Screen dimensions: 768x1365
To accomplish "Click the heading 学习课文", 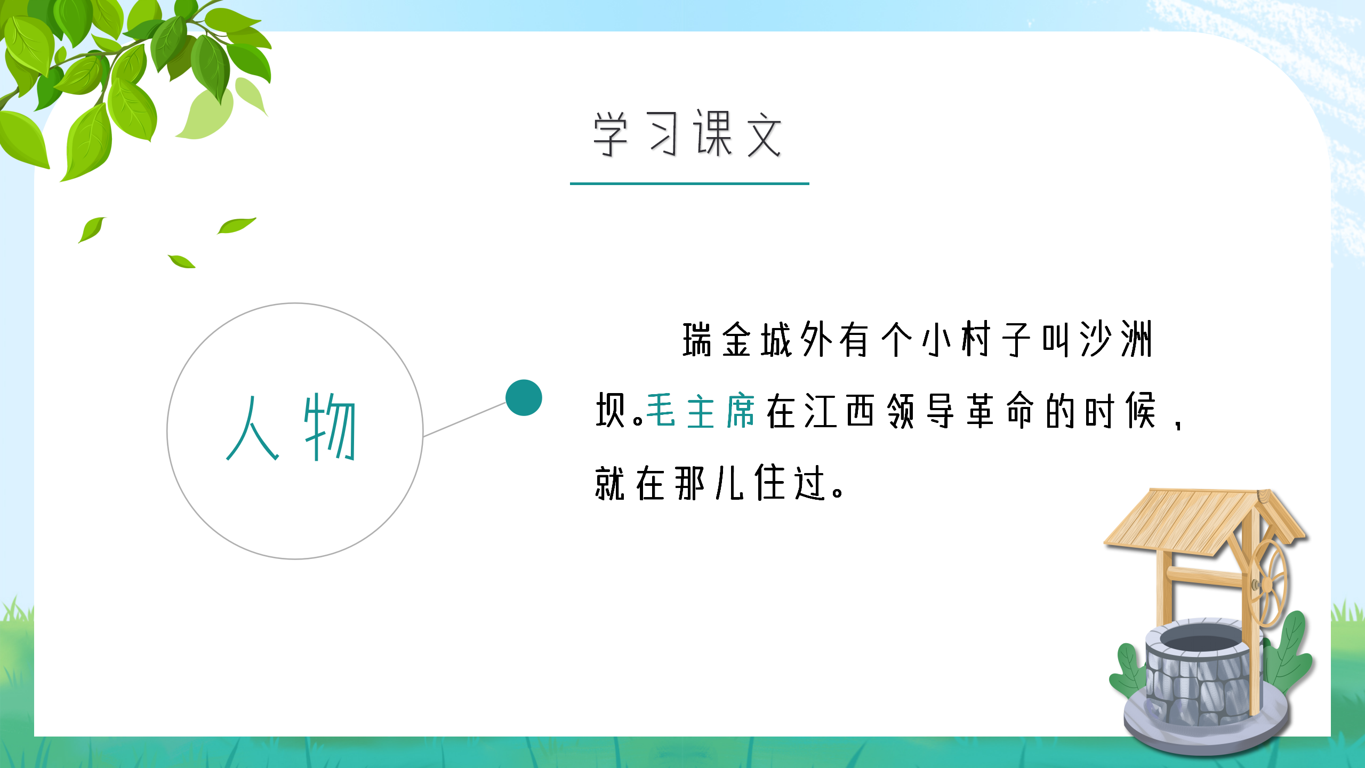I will pyautogui.click(x=688, y=134).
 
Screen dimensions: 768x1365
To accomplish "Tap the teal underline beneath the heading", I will pyautogui.click(x=689, y=183).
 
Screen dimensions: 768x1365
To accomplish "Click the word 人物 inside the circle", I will pyautogui.click(x=291, y=428).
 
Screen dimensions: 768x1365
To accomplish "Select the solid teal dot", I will pyautogui.click(x=524, y=398).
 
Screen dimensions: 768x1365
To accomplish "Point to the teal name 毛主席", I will pyautogui.click(x=701, y=411).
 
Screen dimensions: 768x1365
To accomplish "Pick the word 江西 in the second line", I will pyautogui.click(x=839, y=411).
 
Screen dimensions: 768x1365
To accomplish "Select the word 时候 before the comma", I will pyautogui.click(x=1120, y=411).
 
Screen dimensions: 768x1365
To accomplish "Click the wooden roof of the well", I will pyautogui.click(x=1189, y=520).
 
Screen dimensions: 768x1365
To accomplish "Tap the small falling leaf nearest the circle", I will pyautogui.click(x=182, y=261).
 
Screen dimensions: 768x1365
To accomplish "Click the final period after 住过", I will pyautogui.click(x=838, y=491).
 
